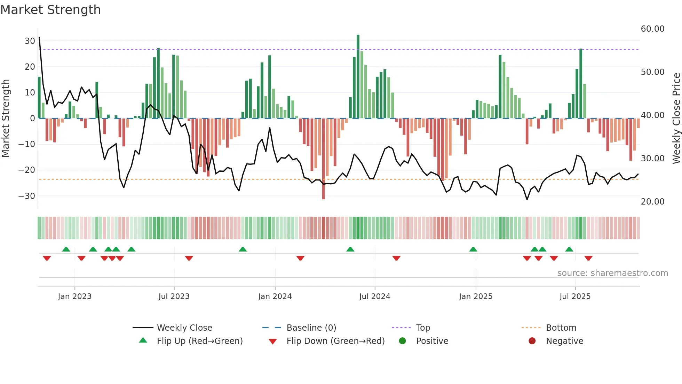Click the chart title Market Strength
pyautogui.click(x=50, y=10)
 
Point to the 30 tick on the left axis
pyautogui.click(x=30, y=41)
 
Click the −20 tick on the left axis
pyautogui.click(x=27, y=170)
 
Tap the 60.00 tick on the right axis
pyautogui.click(x=652, y=29)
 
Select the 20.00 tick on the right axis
pyautogui.click(x=652, y=201)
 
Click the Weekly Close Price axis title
pyautogui.click(x=676, y=118)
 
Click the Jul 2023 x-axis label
pyautogui.click(x=174, y=297)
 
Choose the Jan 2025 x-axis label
pyautogui.click(x=476, y=297)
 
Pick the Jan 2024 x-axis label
pyautogui.click(x=275, y=297)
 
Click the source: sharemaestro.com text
pyautogui.click(x=612, y=273)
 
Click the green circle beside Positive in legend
pyautogui.click(x=403, y=341)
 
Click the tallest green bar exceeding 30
pyautogui.click(x=358, y=77)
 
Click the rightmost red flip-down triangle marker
pyautogui.click(x=588, y=258)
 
